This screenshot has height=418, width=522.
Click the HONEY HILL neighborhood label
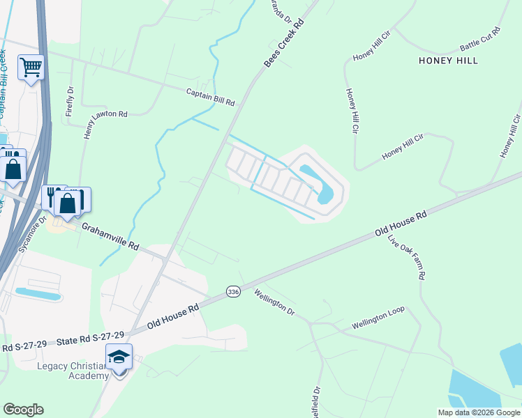(448, 61)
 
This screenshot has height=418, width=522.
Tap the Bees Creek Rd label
(285, 44)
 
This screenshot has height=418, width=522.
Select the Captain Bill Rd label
(210, 97)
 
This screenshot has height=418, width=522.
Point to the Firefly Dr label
(70, 101)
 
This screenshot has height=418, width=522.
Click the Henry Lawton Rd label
(88, 125)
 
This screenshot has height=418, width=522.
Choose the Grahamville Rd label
(110, 237)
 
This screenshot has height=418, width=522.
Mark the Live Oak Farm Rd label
(406, 257)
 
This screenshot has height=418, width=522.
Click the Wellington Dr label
(274, 302)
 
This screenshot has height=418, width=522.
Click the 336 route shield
(233, 292)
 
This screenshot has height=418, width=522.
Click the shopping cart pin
(31, 68)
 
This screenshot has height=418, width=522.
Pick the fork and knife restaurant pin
(52, 196)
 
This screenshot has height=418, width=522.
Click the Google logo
(23, 410)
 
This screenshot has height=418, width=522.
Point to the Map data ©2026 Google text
(478, 412)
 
